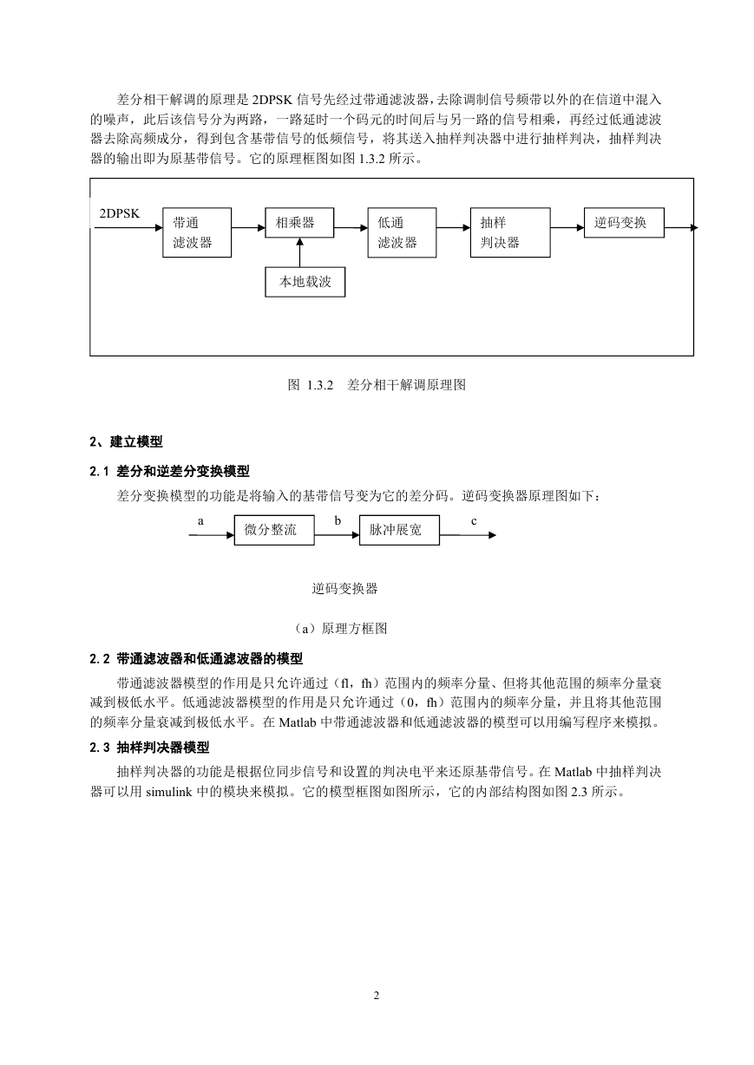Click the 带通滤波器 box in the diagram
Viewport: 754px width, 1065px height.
[x=197, y=232]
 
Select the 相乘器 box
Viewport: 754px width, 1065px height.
[x=299, y=223]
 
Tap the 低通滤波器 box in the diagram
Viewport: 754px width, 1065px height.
[x=402, y=232]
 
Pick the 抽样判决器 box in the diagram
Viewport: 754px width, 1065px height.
[x=510, y=232]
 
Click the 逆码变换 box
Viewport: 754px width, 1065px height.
[x=624, y=223]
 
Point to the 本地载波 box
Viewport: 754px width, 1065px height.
[x=305, y=282]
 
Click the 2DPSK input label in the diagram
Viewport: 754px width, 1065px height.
[x=120, y=213]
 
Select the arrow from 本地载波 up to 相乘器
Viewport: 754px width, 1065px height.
[x=299, y=252]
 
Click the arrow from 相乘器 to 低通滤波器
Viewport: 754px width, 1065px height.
[x=351, y=228]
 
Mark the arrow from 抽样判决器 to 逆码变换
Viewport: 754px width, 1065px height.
[x=567, y=228]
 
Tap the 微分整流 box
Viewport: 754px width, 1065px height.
[x=274, y=530]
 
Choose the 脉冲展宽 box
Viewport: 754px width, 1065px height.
[x=399, y=530]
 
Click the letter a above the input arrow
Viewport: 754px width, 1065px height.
[x=200, y=521]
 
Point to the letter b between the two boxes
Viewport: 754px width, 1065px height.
[x=338, y=520]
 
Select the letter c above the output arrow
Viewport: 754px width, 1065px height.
[x=474, y=521]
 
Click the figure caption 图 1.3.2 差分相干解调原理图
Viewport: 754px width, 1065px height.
[x=377, y=385]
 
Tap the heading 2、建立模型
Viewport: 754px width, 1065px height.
[x=126, y=441]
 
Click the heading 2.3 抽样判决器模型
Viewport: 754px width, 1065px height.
[x=149, y=748]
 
